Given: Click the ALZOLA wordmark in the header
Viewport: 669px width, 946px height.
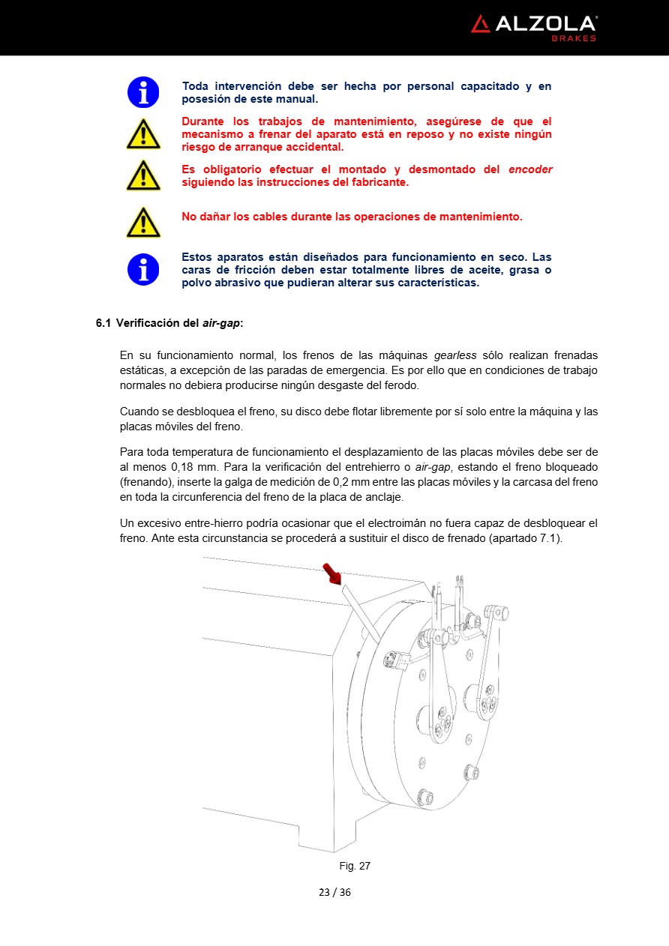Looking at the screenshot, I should click(545, 24).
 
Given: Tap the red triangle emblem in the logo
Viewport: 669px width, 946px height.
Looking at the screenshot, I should click(480, 24).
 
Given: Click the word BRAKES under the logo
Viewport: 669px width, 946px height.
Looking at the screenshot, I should click(574, 38).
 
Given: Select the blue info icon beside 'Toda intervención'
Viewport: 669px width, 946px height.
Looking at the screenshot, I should click(142, 92).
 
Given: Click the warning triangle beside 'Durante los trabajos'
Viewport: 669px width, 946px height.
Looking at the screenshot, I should click(142, 134).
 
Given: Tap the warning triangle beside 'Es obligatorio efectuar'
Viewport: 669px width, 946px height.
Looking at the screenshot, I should click(142, 175).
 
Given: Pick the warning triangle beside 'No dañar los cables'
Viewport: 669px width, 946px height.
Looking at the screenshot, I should click(142, 223).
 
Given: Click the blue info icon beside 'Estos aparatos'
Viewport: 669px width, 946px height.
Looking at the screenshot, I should click(142, 269).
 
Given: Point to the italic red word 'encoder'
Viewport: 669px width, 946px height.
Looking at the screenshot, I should click(530, 169).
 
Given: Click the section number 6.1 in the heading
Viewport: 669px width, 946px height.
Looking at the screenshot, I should click(103, 323).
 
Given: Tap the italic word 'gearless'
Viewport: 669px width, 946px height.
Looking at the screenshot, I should click(455, 355).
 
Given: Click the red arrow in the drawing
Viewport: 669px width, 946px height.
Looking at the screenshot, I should click(331, 574).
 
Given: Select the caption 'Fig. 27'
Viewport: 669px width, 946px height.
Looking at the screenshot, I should click(355, 866).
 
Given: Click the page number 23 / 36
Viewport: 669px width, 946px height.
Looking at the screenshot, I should click(334, 892).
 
